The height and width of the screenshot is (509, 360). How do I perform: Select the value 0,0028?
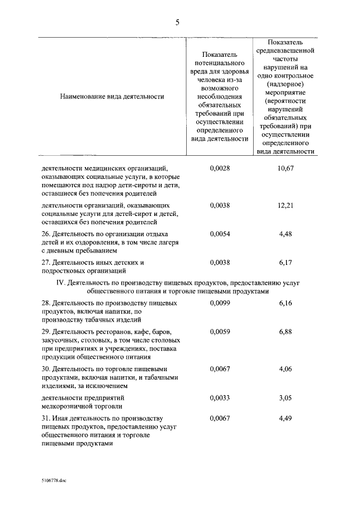click(220, 168)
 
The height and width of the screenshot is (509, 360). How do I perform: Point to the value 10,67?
click(286, 168)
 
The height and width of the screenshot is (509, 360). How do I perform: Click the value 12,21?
click(286, 206)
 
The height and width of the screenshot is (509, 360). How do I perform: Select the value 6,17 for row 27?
click(286, 262)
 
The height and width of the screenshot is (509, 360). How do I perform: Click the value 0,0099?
click(220, 303)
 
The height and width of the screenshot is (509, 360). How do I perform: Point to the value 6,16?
click(286, 303)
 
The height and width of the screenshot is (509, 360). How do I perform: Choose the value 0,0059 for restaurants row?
click(220, 332)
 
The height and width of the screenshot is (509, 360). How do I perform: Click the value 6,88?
click(286, 332)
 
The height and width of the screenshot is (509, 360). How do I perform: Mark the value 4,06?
click(286, 369)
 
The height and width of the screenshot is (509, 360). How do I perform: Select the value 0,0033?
click(220, 397)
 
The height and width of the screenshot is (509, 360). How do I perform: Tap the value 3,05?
click(286, 397)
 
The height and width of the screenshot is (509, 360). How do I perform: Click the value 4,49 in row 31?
click(286, 418)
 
